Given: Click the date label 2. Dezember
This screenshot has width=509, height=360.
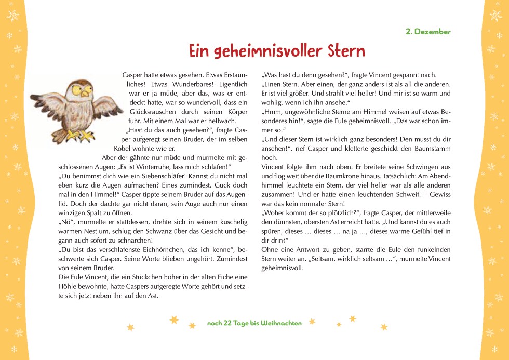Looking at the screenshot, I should pos(428,32).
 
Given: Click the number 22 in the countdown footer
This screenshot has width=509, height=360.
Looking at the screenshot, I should pos(227,323).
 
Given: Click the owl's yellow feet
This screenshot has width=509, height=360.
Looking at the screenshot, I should pos(82,136).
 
